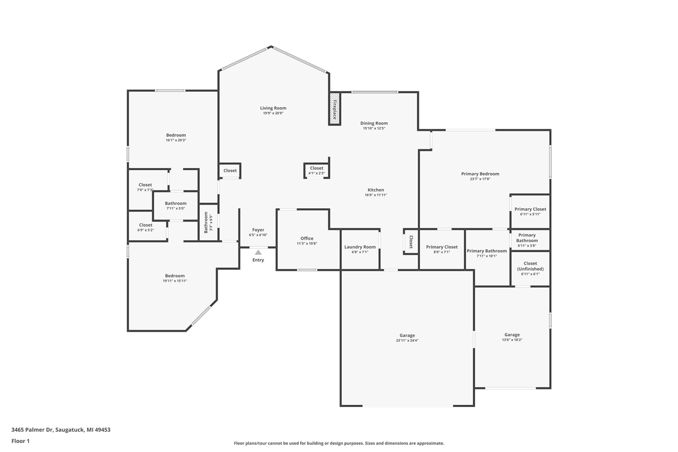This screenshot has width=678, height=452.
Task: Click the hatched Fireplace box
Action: (334, 109)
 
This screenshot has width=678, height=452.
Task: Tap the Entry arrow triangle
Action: (258, 252)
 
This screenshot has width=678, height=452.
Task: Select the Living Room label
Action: (273, 108)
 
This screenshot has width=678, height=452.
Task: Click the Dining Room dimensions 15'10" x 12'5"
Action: (374, 128)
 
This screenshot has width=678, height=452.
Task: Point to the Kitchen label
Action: (376, 190)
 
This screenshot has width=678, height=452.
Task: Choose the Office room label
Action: (307, 238)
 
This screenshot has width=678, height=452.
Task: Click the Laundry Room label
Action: (360, 247)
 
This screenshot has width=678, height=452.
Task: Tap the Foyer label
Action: (258, 230)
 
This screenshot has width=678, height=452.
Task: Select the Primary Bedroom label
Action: (480, 174)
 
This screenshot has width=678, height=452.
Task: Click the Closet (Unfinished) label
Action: (530, 266)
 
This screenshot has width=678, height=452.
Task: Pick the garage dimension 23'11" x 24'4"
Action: (407, 340)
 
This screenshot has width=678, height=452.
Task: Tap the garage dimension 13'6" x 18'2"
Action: (512, 340)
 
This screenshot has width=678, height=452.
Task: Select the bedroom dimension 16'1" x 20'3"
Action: (176, 140)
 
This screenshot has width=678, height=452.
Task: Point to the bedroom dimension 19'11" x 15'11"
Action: (175, 281)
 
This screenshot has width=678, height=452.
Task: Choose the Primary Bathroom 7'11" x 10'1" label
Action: (487, 253)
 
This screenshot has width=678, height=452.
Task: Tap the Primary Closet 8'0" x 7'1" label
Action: (442, 249)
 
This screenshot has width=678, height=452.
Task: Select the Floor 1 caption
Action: (21, 441)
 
